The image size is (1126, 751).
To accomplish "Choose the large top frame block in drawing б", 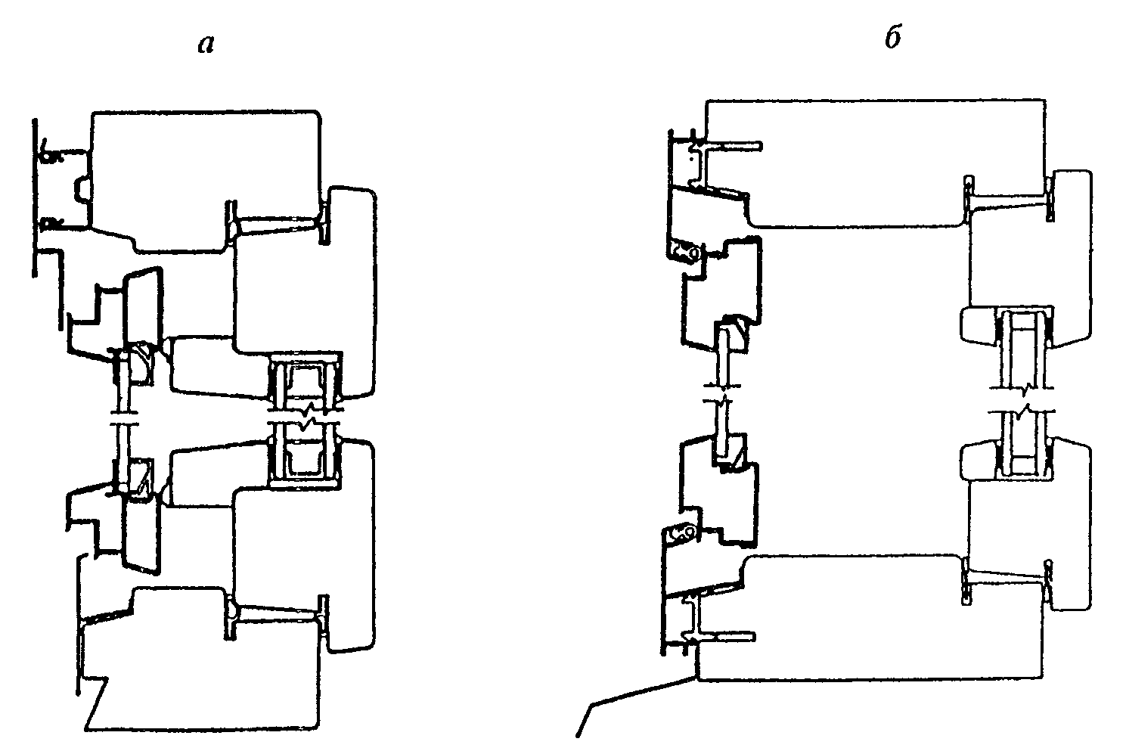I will pos(870,163).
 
